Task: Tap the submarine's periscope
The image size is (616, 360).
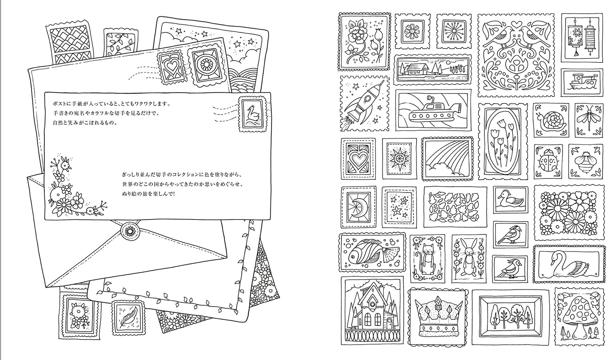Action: (x=430, y=100)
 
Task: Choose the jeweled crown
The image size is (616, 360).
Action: (x=438, y=318)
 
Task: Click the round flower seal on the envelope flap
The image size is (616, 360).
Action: (x=130, y=231)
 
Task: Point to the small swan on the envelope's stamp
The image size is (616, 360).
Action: (x=252, y=114)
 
